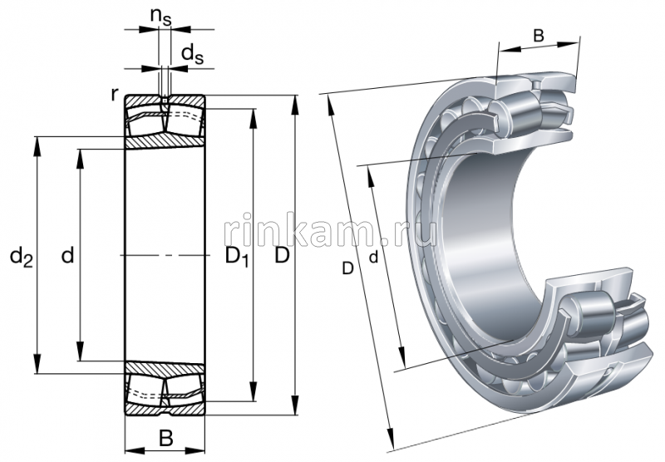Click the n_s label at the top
[x=161, y=16]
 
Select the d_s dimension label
[x=192, y=55]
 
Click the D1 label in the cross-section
[x=237, y=258]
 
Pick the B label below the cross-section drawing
[x=165, y=438]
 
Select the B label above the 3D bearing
[x=539, y=36]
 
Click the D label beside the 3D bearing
[x=347, y=268]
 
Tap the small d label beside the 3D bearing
[x=374, y=258]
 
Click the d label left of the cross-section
[x=68, y=257]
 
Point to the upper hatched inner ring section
[x=165, y=141]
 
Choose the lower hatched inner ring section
[x=165, y=369]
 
